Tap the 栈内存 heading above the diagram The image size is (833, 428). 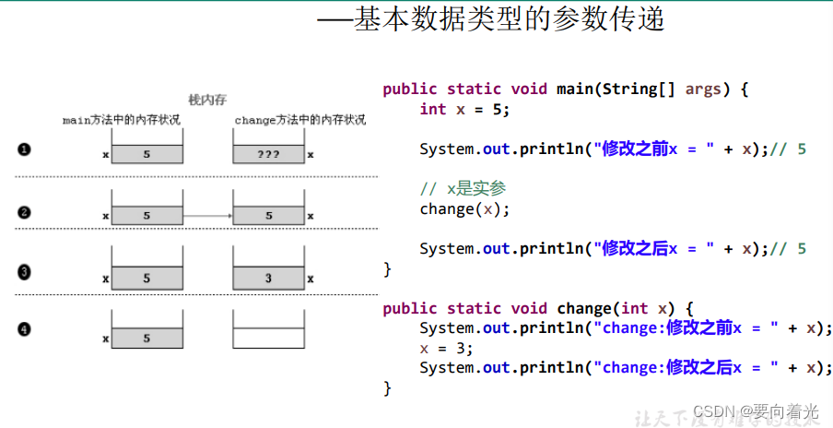pos(206,101)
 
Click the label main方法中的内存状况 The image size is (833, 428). pos(122,120)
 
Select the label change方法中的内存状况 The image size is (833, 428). pos(299,120)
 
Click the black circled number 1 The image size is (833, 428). pos(25,149)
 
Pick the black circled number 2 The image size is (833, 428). pos(25,212)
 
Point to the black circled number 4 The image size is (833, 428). pos(25,328)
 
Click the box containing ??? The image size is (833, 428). pos(268,154)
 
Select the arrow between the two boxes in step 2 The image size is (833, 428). pos(207,216)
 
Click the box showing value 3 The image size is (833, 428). pos(268,278)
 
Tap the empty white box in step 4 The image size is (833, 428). pos(268,338)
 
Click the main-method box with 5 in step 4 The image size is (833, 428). pos(147,339)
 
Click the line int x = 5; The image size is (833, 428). pos(464,109)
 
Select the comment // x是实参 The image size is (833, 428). pos(463,189)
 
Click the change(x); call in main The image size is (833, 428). pos(464,208)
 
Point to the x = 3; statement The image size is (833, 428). pos(446,348)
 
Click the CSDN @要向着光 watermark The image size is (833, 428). pos(756,411)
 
